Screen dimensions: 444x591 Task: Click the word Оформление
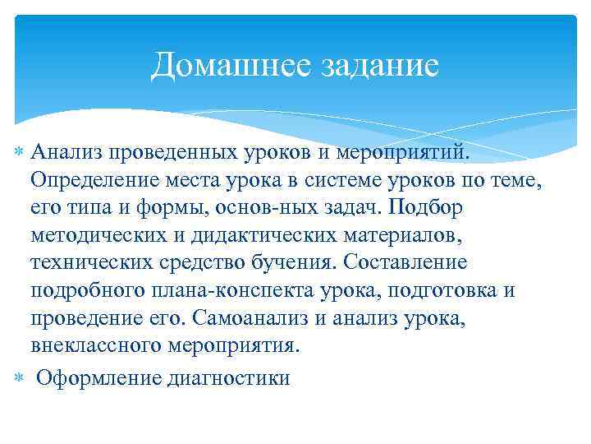(x=98, y=378)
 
